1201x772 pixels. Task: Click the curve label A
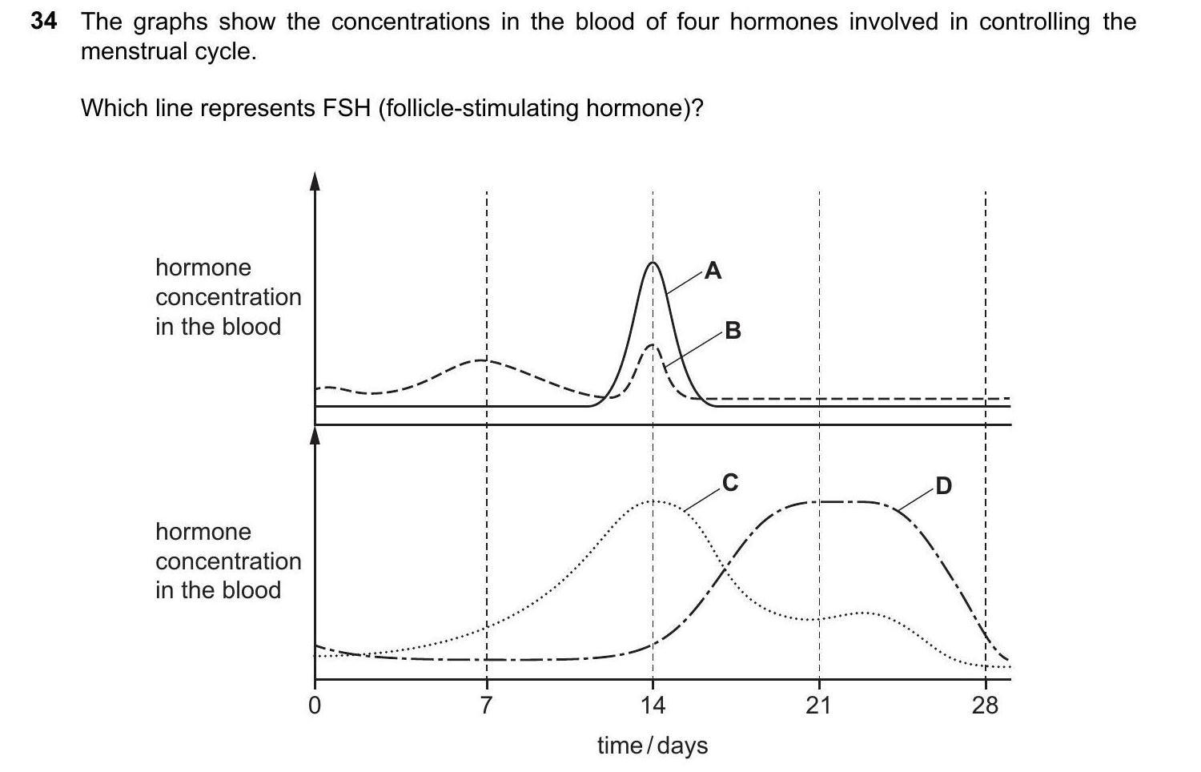[x=713, y=271]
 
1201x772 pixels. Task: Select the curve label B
[x=733, y=330]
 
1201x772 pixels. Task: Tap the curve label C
[x=729, y=482]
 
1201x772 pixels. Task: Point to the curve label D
[x=943, y=486]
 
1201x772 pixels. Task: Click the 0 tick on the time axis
[x=315, y=706]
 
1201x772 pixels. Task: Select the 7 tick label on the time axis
[x=486, y=706]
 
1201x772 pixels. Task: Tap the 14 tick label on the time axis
[x=653, y=706]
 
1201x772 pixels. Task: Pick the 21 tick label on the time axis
[x=818, y=706]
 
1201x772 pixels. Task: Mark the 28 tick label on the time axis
[x=985, y=706]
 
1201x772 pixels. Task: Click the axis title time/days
[x=653, y=746]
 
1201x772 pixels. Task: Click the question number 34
[x=44, y=22]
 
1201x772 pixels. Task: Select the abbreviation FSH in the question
[x=346, y=107]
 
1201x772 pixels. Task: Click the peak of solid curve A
[x=653, y=263]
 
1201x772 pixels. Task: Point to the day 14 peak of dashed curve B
[x=653, y=344]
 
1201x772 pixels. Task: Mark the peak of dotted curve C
[x=654, y=501]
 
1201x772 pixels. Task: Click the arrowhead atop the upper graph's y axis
[x=315, y=181]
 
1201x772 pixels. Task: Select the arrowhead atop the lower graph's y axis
[x=315, y=435]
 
